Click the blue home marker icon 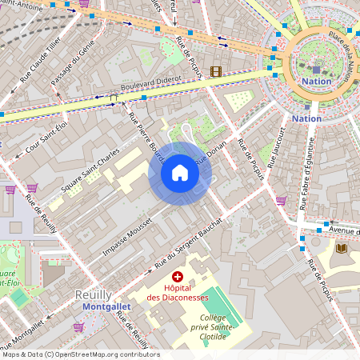pos(179,173)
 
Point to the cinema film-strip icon pos(214,71)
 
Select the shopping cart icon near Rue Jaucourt pos(281,201)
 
